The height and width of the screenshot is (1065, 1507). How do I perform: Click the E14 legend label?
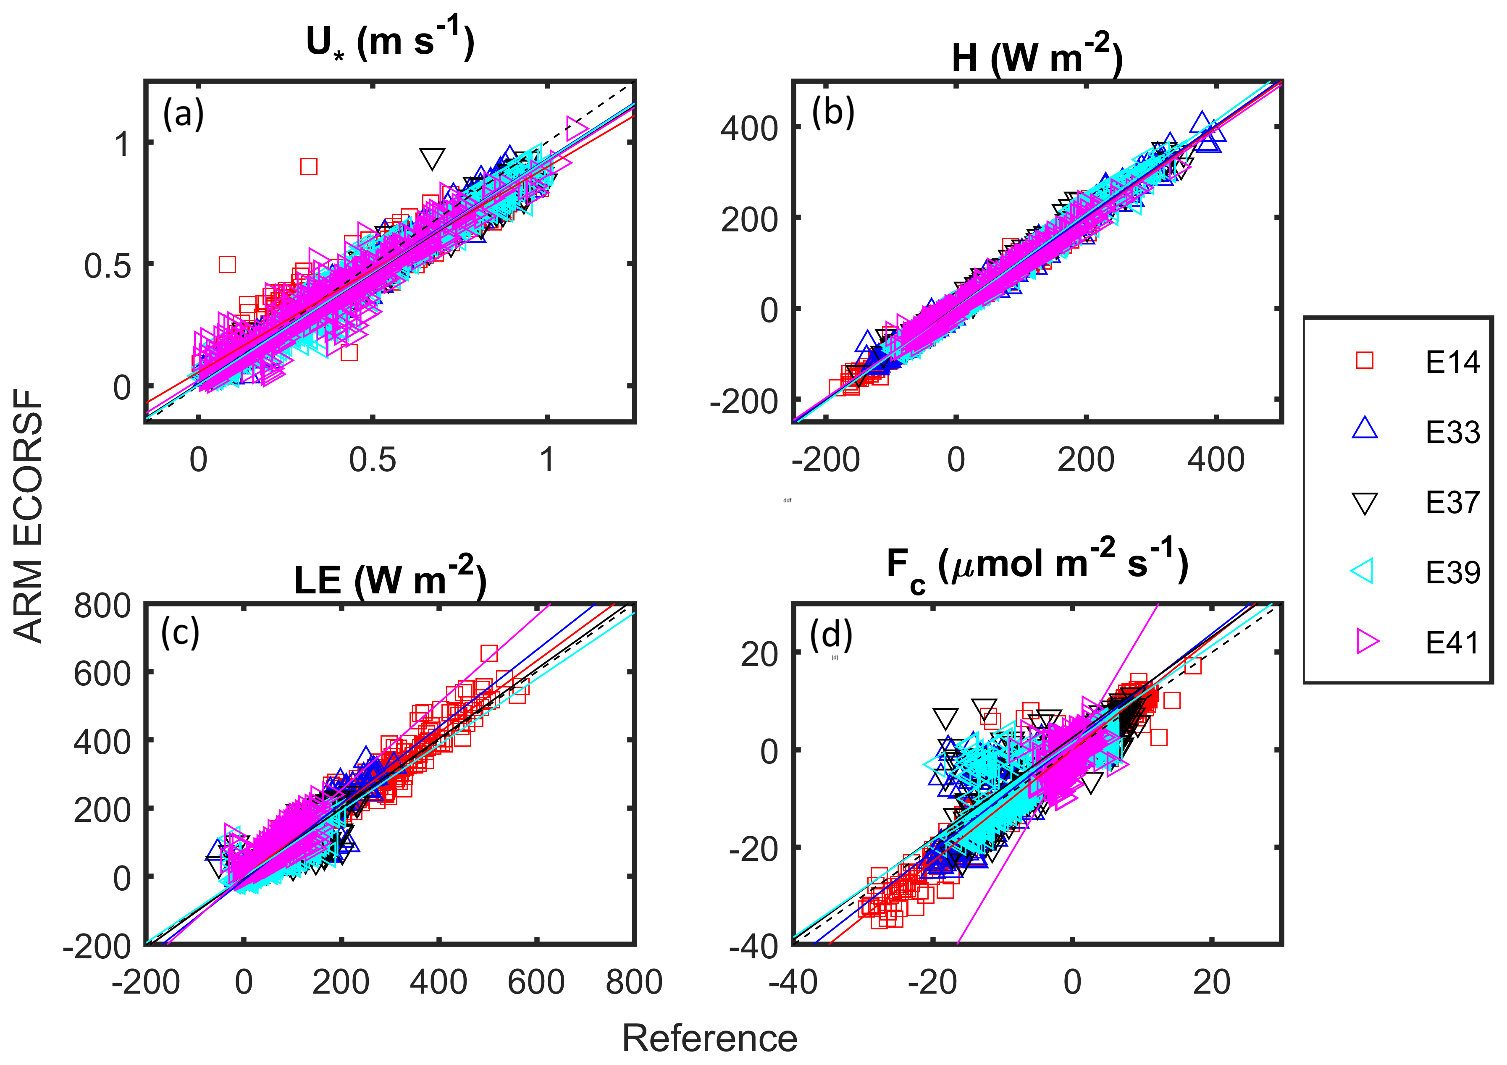click(1452, 362)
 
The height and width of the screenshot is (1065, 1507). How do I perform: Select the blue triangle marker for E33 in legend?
click(1365, 428)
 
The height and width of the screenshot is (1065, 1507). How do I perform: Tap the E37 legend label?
click(1452, 503)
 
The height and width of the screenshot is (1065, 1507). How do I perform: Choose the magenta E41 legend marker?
click(1367, 641)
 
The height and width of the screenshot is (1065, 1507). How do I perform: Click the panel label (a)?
click(183, 113)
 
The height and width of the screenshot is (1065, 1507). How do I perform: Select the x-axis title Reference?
click(709, 1039)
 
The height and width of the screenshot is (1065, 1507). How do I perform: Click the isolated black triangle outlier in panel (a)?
click(432, 158)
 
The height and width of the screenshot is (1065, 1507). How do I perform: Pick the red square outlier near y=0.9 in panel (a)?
click(308, 167)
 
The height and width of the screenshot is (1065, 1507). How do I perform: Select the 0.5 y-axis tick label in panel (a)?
click(107, 266)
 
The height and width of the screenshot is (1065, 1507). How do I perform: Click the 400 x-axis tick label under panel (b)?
click(1215, 459)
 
